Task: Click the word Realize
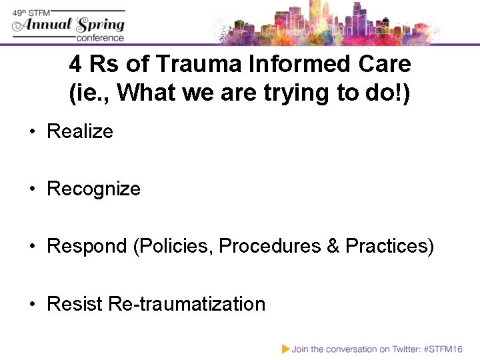80,131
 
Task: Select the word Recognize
93,189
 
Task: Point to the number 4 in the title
75,65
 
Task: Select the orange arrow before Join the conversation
285,348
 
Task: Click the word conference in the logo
99,38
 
